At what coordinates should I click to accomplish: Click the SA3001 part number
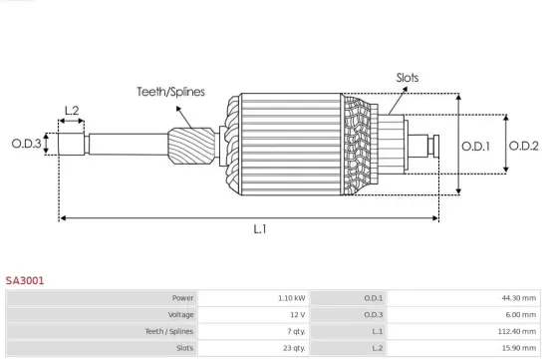tap(24, 281)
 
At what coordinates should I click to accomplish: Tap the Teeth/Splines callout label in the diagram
tap(170, 92)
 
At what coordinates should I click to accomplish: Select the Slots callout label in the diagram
tap(408, 77)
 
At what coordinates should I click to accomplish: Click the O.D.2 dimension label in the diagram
tap(523, 146)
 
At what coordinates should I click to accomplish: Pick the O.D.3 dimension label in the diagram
tap(27, 144)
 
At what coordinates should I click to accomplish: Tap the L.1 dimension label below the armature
tap(259, 229)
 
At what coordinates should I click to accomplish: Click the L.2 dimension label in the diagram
tap(72, 111)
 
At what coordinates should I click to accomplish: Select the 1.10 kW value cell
tap(292, 298)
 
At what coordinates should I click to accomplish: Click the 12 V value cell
tap(297, 314)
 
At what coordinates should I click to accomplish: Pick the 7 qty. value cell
tap(294, 330)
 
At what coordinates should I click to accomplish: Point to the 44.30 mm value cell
tap(518, 298)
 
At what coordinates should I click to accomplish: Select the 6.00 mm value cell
tap(520, 314)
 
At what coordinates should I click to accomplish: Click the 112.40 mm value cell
tap(516, 330)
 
